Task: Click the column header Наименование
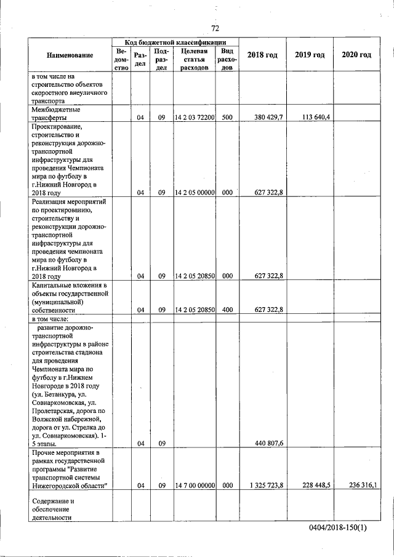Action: pyautogui.click(x=70, y=55)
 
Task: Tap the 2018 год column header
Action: pyautogui.click(x=262, y=55)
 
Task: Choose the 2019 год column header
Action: pyautogui.click(x=310, y=55)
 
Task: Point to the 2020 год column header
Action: pyautogui.click(x=356, y=55)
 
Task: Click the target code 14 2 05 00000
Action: pyautogui.click(x=195, y=192)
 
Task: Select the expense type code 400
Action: pyautogui.click(x=227, y=310)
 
